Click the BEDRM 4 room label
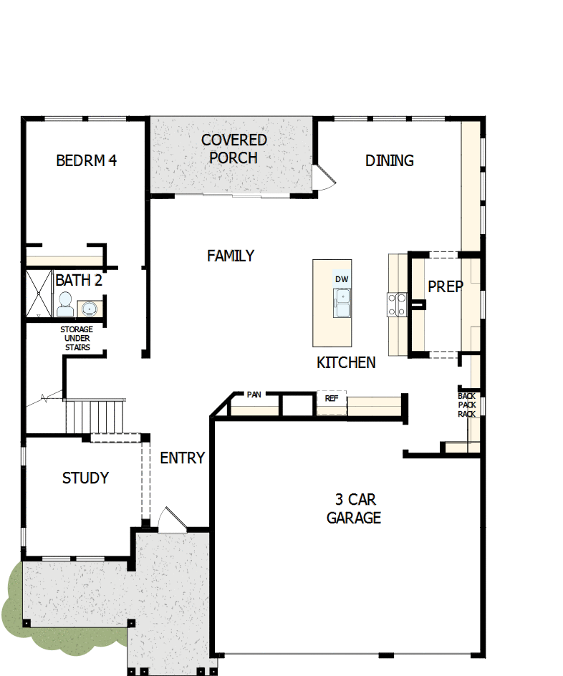click(86, 160)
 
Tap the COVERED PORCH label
click(234, 149)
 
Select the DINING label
click(390, 160)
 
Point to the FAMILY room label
click(231, 256)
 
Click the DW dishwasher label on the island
click(342, 279)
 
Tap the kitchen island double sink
click(342, 303)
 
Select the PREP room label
click(446, 286)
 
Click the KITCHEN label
click(346, 363)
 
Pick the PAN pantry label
click(254, 395)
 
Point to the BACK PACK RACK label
click(467, 405)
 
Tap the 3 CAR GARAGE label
click(353, 508)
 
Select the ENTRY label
click(182, 458)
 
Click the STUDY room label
click(85, 478)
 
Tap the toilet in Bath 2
click(65, 304)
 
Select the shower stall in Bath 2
click(39, 293)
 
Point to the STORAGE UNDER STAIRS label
click(76, 338)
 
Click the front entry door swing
click(173, 521)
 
